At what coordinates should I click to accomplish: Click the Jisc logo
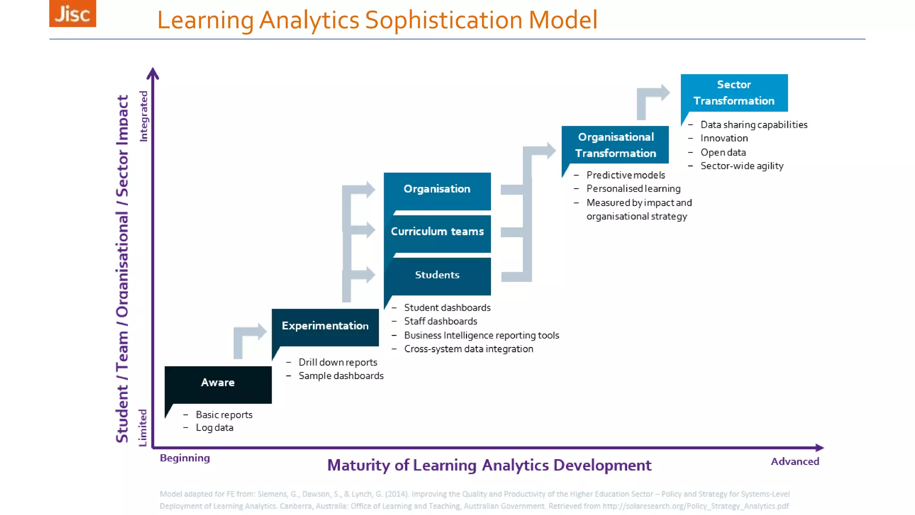[72, 13]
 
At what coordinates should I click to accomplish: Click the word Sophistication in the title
[443, 20]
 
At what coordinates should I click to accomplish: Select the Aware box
[218, 384]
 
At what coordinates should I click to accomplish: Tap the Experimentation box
[325, 326]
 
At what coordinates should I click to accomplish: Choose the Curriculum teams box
[437, 232]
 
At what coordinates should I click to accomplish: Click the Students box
[437, 275]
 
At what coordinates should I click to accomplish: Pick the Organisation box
[437, 190]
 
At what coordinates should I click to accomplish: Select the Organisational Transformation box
[615, 145]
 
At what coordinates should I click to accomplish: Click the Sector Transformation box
[734, 93]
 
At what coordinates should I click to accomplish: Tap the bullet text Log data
[214, 428]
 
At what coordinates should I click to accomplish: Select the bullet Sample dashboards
[341, 376]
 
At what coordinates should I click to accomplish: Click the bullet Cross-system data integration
[468, 349]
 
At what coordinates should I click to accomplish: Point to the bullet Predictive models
[625, 175]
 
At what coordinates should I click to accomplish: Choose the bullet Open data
[723, 152]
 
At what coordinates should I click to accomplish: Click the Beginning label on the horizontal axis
[185, 458]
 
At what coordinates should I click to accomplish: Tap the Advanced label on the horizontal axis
[795, 462]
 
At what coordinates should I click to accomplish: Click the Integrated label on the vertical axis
[143, 116]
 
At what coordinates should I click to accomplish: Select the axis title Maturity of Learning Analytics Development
[489, 465]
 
